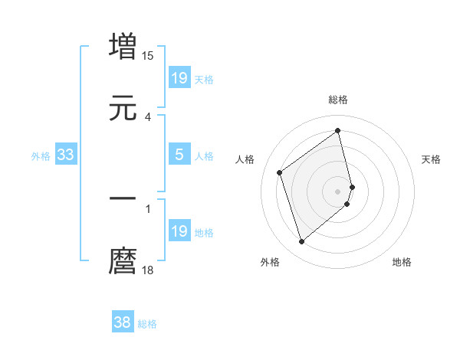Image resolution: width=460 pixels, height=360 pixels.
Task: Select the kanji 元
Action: tap(123, 108)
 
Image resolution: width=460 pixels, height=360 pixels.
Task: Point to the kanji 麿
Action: tap(123, 261)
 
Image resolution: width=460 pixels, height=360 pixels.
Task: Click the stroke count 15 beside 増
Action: tap(148, 56)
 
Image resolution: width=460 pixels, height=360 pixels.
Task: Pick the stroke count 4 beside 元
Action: tap(148, 117)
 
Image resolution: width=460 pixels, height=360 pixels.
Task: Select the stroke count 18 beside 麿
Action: tap(148, 270)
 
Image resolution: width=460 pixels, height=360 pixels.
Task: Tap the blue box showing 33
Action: tap(66, 155)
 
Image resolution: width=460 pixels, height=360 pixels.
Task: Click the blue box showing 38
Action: tap(123, 323)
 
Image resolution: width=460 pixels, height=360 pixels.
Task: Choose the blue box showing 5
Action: tap(179, 155)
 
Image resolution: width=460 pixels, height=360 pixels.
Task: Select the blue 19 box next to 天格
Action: tap(179, 78)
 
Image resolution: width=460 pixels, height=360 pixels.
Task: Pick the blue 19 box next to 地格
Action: tap(179, 232)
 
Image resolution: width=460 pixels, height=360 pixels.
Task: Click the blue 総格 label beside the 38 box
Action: tap(148, 324)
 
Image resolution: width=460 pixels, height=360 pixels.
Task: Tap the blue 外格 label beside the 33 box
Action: tap(41, 156)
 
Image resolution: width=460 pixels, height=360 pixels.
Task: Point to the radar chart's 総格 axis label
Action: tap(338, 100)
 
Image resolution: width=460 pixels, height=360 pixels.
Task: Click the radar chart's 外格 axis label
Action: tap(270, 262)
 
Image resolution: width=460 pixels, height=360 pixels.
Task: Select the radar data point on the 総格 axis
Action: tap(338, 130)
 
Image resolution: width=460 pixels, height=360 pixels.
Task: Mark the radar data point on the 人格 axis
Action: tap(280, 172)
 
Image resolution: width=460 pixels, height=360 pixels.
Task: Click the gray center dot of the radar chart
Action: tap(338, 191)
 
